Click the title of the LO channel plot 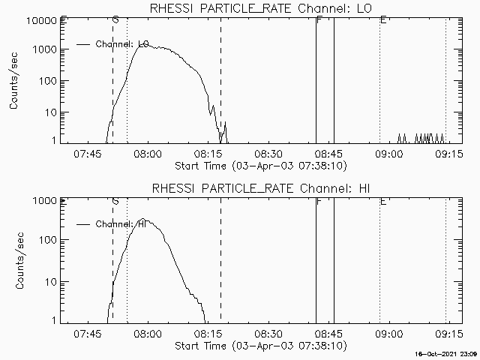pos(260,8)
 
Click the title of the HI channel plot pos(260,188)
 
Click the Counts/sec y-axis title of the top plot pos(14,81)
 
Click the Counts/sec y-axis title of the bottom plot pos(14,261)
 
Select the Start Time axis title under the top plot pos(259,165)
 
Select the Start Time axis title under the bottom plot pos(259,345)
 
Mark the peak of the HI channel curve pos(143,220)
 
